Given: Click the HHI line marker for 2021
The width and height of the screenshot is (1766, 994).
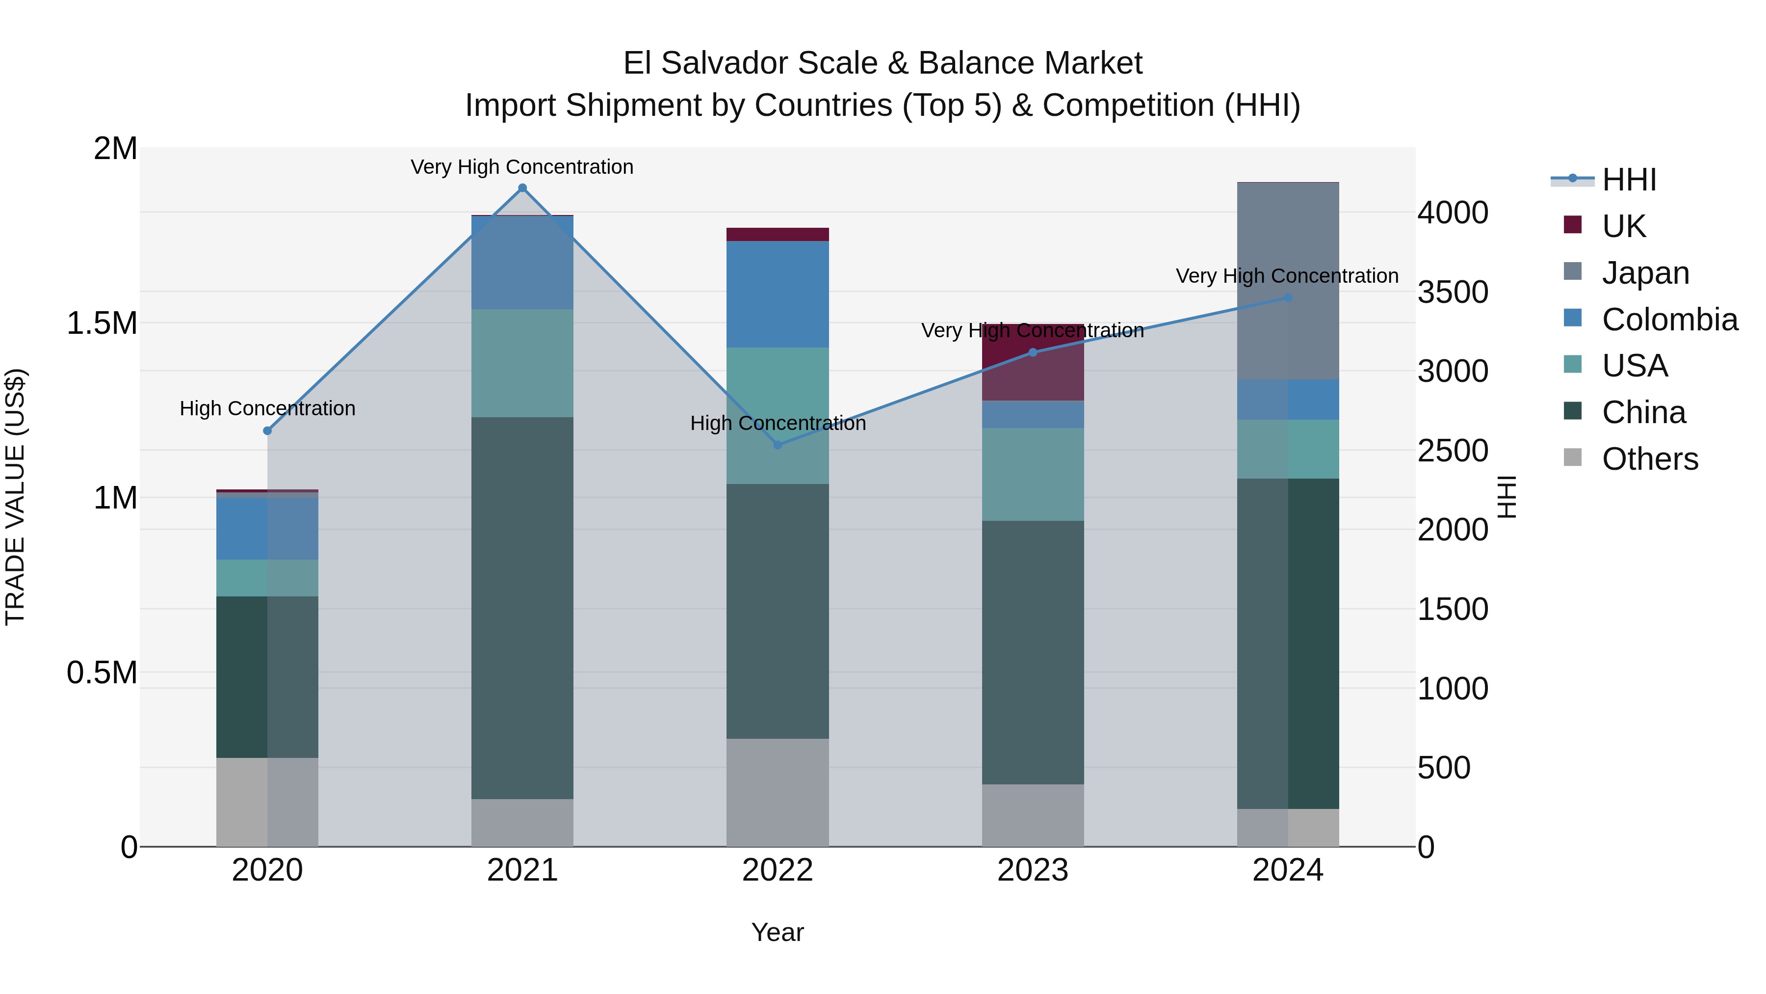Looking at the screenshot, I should [522, 188].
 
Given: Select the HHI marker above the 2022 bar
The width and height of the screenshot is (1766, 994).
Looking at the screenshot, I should [778, 445].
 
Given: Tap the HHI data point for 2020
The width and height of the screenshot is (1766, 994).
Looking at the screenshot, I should [267, 431].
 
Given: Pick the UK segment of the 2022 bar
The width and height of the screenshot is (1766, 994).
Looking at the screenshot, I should [778, 235].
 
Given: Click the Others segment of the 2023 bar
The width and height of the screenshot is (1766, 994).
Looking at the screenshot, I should [1033, 815].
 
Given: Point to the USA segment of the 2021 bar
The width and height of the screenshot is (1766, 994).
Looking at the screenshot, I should [522, 363].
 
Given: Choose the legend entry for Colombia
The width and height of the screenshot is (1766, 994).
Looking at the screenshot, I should [1669, 320].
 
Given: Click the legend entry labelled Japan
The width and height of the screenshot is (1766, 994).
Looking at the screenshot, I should [1645, 273].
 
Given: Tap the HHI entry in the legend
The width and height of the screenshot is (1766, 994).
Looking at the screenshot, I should [1629, 180].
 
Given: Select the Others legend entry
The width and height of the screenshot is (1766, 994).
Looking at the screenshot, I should [1649, 459].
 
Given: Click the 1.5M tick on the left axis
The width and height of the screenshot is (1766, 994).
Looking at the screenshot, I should [102, 323].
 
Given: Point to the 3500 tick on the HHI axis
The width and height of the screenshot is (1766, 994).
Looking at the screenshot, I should [1453, 292].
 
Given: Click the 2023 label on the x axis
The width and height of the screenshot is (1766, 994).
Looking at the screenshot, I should [1033, 870].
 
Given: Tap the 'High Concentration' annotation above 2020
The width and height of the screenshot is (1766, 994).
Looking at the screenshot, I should [267, 408].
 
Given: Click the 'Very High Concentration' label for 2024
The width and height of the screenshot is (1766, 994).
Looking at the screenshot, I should [1287, 276].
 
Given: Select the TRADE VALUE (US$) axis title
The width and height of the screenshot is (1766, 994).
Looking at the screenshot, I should [15, 497].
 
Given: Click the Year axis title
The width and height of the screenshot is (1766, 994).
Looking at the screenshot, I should [778, 932].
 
